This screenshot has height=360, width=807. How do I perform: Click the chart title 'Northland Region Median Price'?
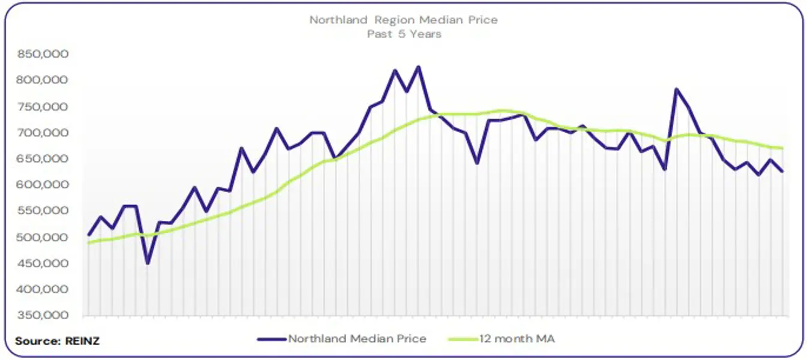[x=403, y=20]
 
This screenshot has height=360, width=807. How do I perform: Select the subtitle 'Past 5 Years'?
[x=404, y=34]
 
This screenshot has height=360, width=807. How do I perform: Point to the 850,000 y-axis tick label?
[x=44, y=55]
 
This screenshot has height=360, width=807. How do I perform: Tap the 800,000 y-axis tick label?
[x=44, y=80]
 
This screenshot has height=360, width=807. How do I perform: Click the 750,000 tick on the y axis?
[x=44, y=107]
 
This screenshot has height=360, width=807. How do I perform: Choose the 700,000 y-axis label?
[x=44, y=133]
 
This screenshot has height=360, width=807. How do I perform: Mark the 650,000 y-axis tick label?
[x=44, y=159]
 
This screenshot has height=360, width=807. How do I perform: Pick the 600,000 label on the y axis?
[x=44, y=185]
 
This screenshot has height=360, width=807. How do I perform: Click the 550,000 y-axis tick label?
[x=44, y=211]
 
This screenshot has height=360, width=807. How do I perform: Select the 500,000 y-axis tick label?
[x=44, y=238]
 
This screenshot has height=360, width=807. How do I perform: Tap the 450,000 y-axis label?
[x=44, y=263]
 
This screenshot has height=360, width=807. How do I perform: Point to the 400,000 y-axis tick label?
[x=44, y=290]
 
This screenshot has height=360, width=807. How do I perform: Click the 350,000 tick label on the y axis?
[x=44, y=316]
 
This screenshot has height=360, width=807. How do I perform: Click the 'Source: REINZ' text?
[x=57, y=341]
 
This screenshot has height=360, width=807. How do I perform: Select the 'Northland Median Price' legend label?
[x=357, y=339]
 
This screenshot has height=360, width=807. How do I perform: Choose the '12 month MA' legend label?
[x=517, y=339]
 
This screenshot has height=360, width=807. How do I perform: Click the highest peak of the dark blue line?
[x=418, y=67]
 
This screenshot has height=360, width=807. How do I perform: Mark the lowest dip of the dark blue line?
[x=148, y=263]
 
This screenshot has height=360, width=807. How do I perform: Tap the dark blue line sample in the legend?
[x=272, y=339]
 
